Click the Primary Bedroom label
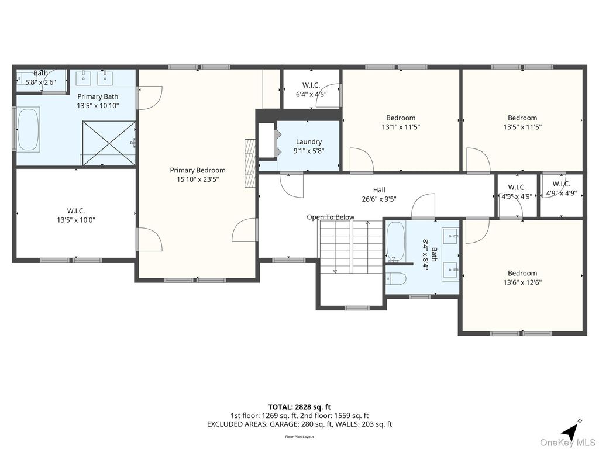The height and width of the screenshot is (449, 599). pos(197,170)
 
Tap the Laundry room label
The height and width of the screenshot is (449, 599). pos(309,142)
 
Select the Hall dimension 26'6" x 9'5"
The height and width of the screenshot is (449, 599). pos(379,199)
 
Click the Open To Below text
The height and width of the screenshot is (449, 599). pos(331,217)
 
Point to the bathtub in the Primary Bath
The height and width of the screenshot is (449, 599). pos(27,129)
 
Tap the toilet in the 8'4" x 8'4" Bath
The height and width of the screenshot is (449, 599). pos(396,278)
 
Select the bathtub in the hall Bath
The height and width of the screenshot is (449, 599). pos(395,241)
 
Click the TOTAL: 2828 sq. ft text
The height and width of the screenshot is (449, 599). pos(299,407)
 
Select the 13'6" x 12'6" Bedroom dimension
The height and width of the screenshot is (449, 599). pos(522,282)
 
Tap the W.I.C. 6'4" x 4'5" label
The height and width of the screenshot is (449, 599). pos(311,89)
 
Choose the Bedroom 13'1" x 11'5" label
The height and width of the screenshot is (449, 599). pos(401,122)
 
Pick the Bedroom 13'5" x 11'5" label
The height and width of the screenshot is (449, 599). pos(522,122)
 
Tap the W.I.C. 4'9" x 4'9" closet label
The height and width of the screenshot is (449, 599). pos(561,188)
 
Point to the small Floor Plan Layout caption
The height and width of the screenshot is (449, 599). pos(299,437)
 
